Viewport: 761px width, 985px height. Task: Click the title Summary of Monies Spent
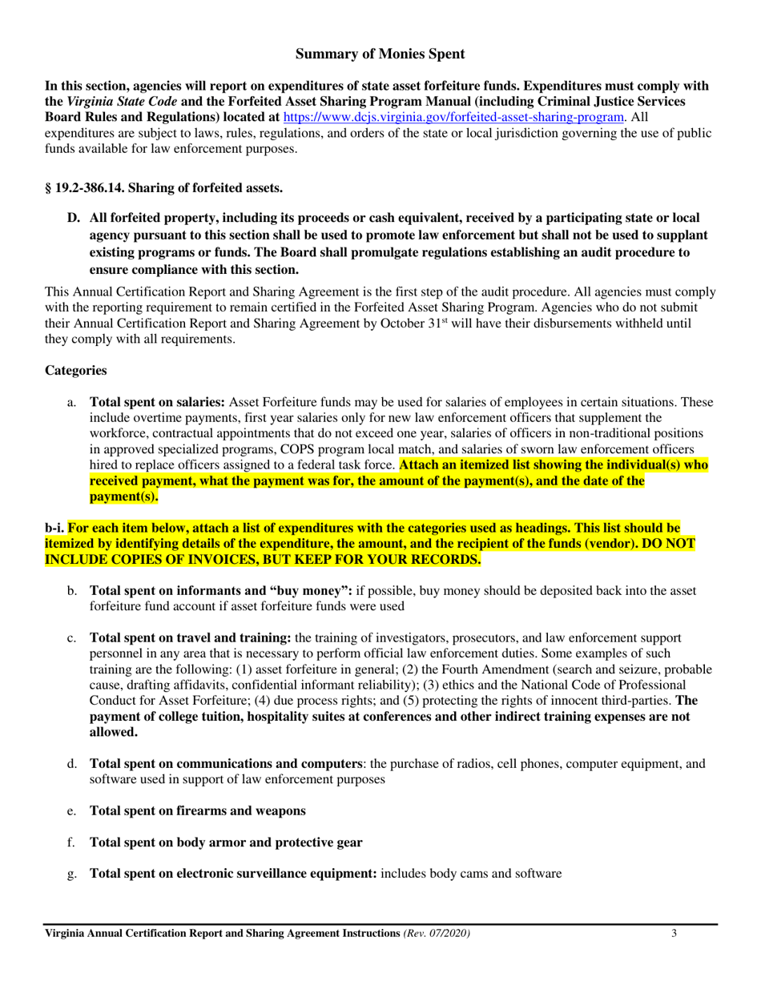[x=380, y=54]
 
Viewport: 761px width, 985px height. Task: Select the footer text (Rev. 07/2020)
[x=436, y=934]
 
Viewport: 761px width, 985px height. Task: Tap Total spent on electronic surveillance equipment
[x=233, y=873]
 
